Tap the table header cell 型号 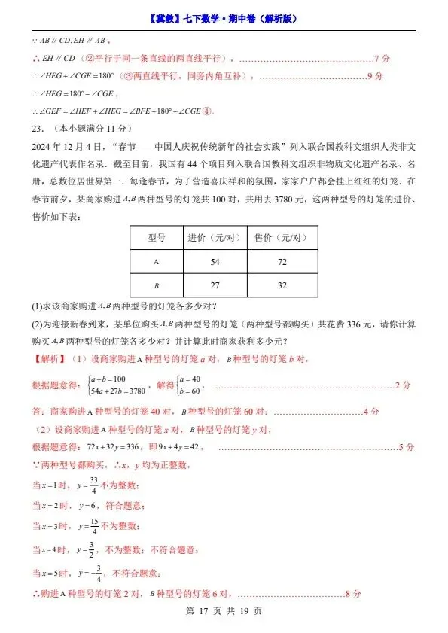pyautogui.click(x=156, y=237)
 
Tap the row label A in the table pyautogui.click(x=156, y=261)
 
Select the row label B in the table pyautogui.click(x=156, y=286)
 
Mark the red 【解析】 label pyautogui.click(x=48, y=359)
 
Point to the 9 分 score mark pyautogui.click(x=374, y=76)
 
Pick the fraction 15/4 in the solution pyautogui.click(x=93, y=526)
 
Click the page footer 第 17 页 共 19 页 pyautogui.click(x=224, y=611)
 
